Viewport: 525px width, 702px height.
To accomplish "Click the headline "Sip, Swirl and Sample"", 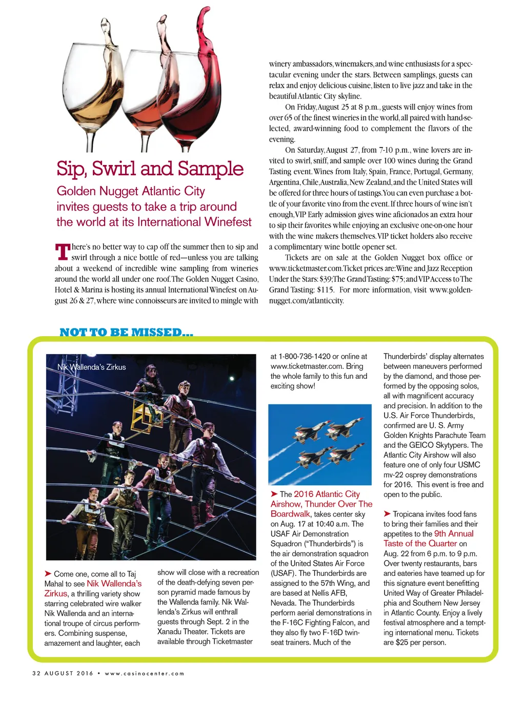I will click(150, 169).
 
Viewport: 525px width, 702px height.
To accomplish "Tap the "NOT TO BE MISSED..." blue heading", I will click(126, 332).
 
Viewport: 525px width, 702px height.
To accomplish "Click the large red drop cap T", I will click(62, 252).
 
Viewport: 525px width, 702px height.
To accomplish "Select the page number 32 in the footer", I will click(36, 673).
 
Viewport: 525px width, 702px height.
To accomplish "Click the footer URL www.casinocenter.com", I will click(144, 673).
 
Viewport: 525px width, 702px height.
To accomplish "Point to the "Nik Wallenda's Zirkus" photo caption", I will click(91, 367).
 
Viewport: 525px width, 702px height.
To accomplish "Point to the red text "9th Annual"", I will click(454, 533).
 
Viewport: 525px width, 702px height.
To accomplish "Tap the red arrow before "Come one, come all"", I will click(48, 573).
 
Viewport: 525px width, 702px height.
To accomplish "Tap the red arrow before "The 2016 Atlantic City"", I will click(274, 494).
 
